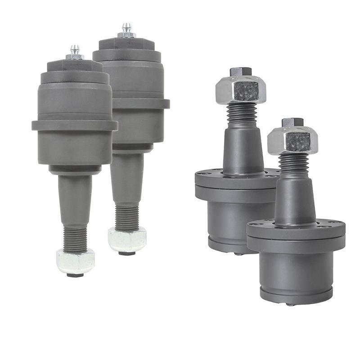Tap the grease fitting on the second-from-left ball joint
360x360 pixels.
(126, 30)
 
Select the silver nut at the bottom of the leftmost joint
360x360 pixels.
(75, 261)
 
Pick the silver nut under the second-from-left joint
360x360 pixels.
(127, 239)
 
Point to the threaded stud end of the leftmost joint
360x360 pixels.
(75, 238)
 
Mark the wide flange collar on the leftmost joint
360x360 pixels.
(75, 125)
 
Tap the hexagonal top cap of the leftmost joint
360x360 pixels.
(75, 66)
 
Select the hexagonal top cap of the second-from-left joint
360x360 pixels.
(126, 44)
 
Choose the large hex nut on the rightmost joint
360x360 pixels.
(292, 140)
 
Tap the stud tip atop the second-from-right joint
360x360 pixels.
(240, 72)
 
